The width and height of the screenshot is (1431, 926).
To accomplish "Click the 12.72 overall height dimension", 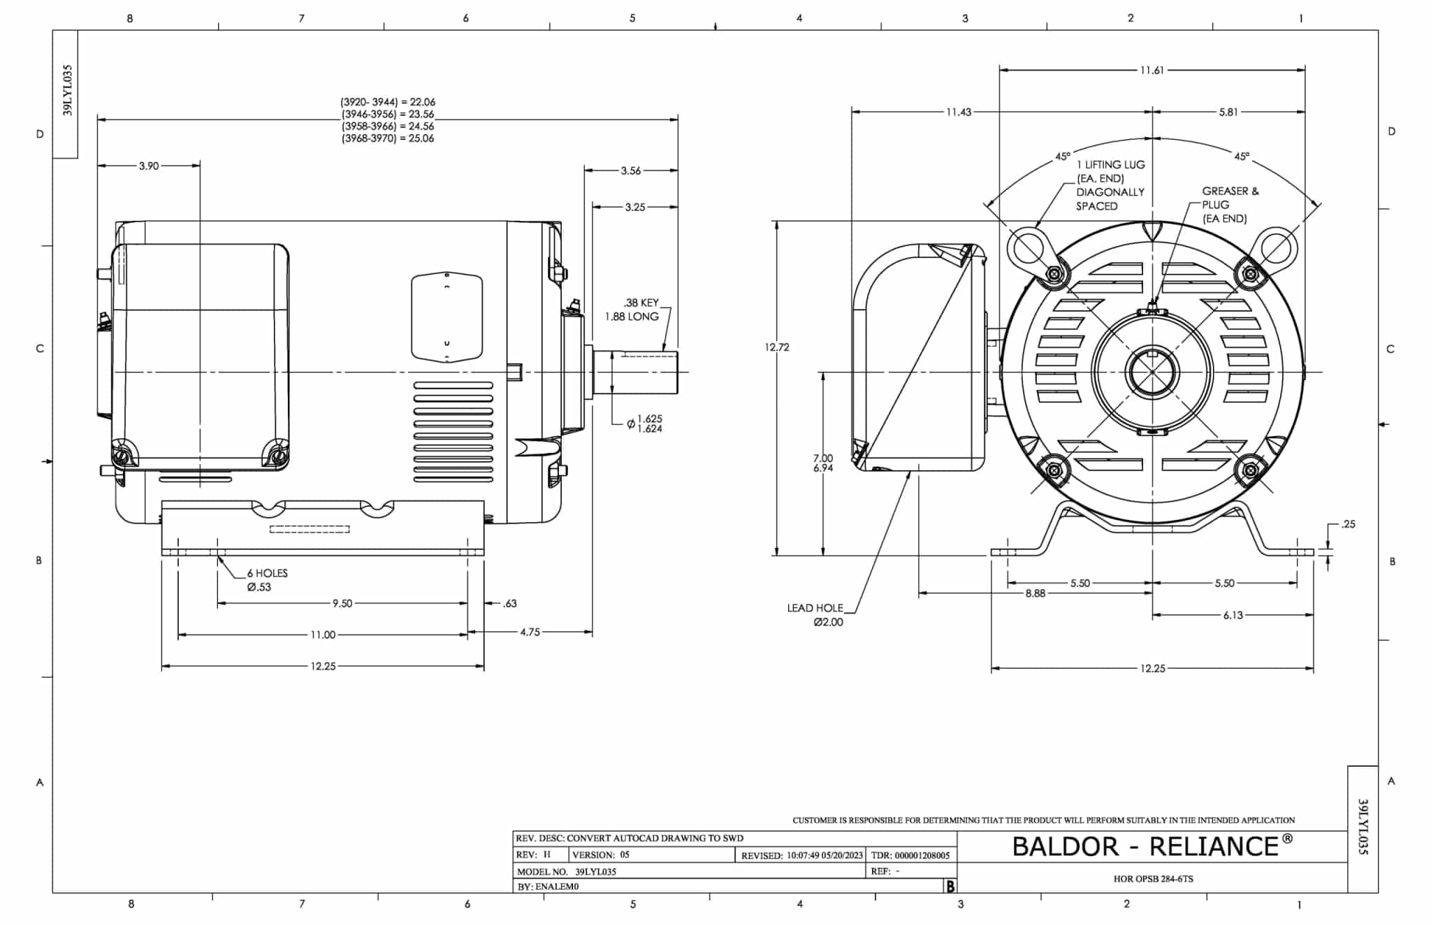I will click(x=776, y=347).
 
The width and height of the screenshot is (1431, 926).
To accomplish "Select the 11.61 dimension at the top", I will click(x=1152, y=71).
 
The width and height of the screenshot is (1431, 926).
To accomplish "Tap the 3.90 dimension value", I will click(x=149, y=166).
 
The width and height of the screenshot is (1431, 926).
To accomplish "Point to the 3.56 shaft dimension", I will click(x=630, y=171).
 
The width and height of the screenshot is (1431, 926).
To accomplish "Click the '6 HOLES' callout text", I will click(x=267, y=573).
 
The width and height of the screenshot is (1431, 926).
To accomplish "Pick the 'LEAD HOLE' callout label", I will click(x=815, y=608).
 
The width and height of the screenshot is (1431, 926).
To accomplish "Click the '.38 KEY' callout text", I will click(x=641, y=303).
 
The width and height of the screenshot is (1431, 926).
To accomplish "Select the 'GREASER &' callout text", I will click(x=1230, y=191).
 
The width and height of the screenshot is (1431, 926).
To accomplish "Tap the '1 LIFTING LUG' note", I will click(x=1110, y=165).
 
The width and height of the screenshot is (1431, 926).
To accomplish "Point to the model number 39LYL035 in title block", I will click(x=595, y=872).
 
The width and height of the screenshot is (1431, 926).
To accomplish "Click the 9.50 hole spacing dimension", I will click(x=342, y=604).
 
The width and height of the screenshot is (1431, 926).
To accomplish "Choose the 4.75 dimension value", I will click(x=530, y=632).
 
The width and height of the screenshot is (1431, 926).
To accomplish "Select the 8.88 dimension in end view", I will click(x=1035, y=593).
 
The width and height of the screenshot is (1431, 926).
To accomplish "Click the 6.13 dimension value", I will click(x=1233, y=616).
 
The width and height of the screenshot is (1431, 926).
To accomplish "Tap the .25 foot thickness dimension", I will click(x=1348, y=524).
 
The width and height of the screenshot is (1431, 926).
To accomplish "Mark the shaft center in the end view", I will click(x=1152, y=372).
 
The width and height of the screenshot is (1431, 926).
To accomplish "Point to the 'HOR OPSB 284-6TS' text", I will click(x=1153, y=879).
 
